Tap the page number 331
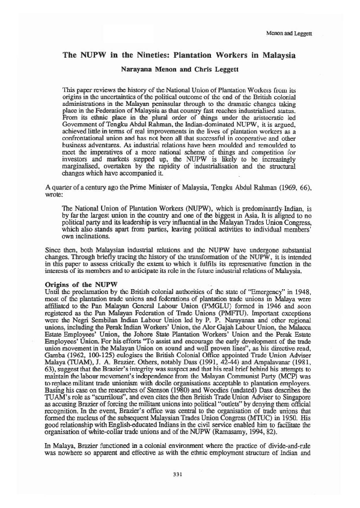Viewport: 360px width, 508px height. [x=177, y=475]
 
